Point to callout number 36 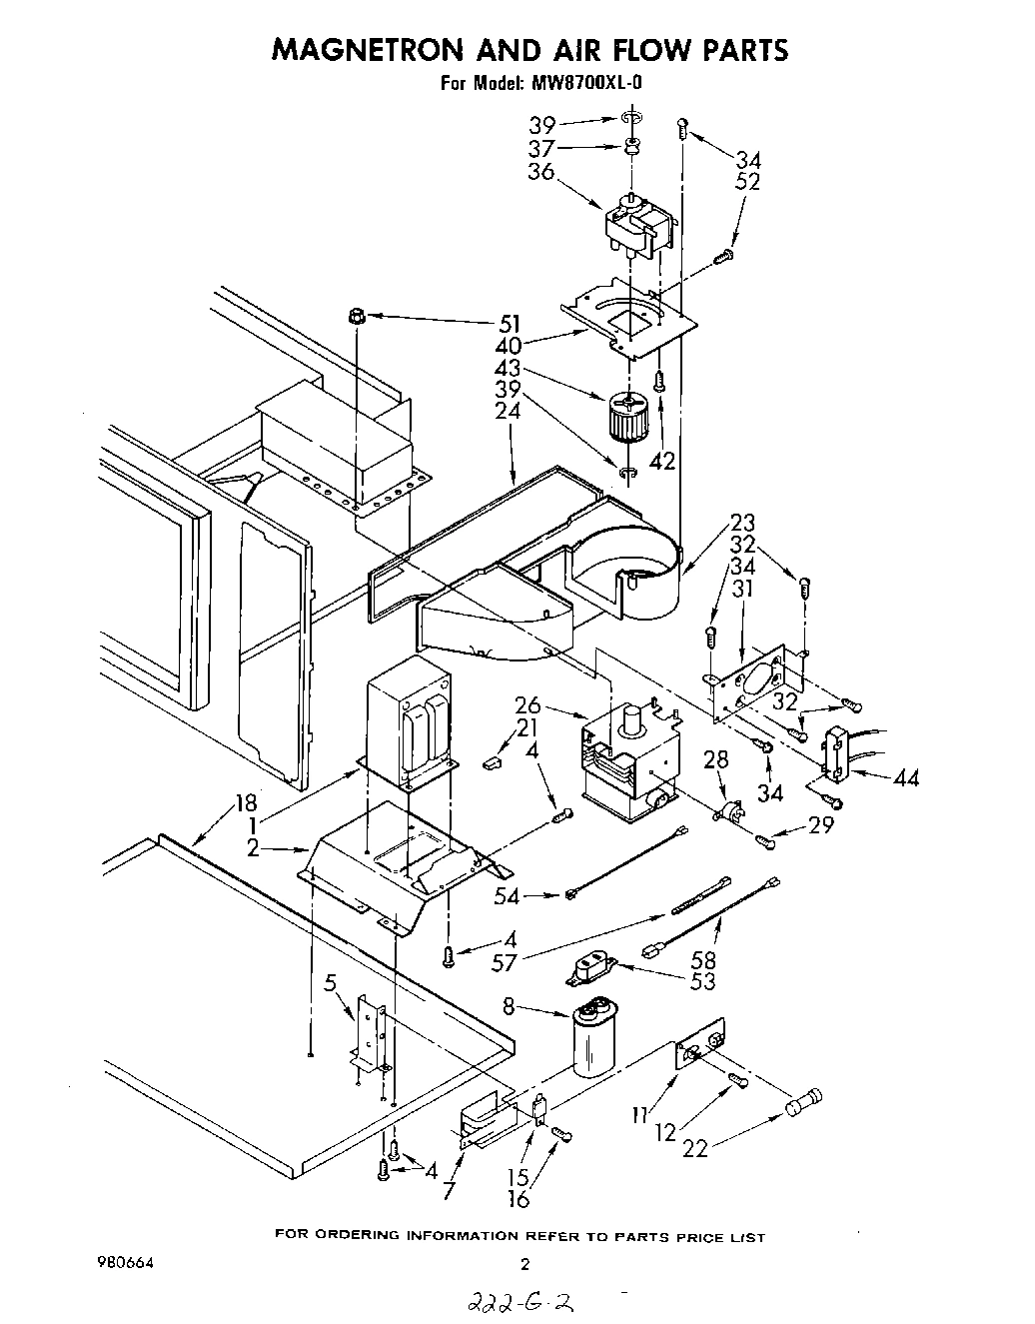540,171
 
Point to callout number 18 246,802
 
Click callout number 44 907,778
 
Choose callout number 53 703,981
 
